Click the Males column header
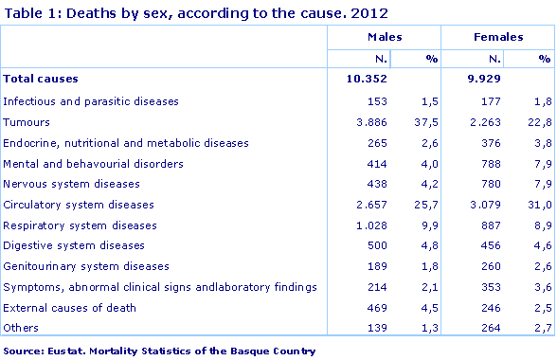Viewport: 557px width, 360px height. click(x=384, y=37)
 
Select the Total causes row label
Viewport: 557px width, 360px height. click(x=41, y=79)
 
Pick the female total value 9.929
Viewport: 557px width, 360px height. click(x=484, y=79)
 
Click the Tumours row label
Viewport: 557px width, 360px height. click(x=27, y=121)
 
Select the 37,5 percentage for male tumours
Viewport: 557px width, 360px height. click(x=427, y=121)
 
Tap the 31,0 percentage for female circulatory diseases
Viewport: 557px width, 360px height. click(x=540, y=204)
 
